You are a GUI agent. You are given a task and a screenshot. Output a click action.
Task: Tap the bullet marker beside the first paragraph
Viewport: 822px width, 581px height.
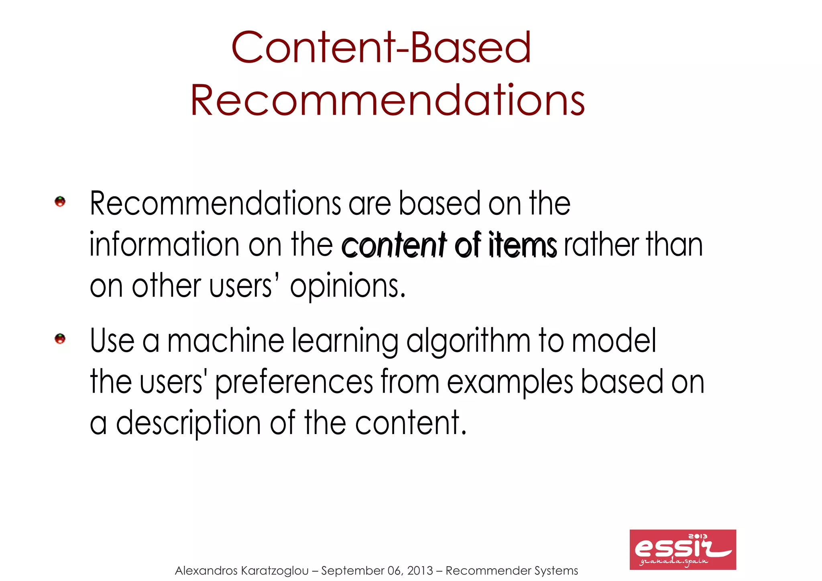(x=60, y=202)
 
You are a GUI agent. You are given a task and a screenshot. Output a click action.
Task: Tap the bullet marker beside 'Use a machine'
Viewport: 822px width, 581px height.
(x=60, y=339)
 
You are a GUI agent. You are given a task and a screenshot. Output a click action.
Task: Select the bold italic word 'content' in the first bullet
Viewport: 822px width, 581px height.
(x=393, y=245)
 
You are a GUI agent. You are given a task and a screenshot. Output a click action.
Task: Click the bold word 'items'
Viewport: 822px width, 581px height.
(x=523, y=245)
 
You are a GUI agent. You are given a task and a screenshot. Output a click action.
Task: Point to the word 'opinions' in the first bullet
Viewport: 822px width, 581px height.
(x=348, y=286)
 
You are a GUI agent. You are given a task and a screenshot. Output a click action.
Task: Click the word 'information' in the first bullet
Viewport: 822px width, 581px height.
(x=165, y=245)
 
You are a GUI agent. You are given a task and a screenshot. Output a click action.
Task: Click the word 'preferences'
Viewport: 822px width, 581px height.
(x=294, y=382)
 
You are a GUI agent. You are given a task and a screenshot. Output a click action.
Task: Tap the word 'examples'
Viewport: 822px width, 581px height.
(x=510, y=382)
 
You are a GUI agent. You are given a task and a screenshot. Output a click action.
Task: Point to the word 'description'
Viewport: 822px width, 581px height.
(x=189, y=423)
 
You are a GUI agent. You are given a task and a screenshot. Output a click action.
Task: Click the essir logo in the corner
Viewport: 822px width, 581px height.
(x=682, y=549)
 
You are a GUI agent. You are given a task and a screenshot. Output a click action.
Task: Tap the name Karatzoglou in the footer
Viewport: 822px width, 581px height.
(x=275, y=571)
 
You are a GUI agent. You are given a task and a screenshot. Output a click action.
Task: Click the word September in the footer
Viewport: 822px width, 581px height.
(x=352, y=571)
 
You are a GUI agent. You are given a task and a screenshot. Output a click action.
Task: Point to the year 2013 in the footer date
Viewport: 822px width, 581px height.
(x=420, y=571)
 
